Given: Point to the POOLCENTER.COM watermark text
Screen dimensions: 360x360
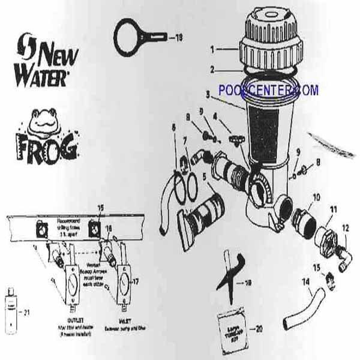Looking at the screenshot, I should point(268,91).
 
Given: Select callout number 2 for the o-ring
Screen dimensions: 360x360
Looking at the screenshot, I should point(212,70).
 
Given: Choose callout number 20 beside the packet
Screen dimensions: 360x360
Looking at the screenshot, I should point(259,328).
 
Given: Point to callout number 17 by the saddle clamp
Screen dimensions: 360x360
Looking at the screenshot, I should point(142,281).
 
